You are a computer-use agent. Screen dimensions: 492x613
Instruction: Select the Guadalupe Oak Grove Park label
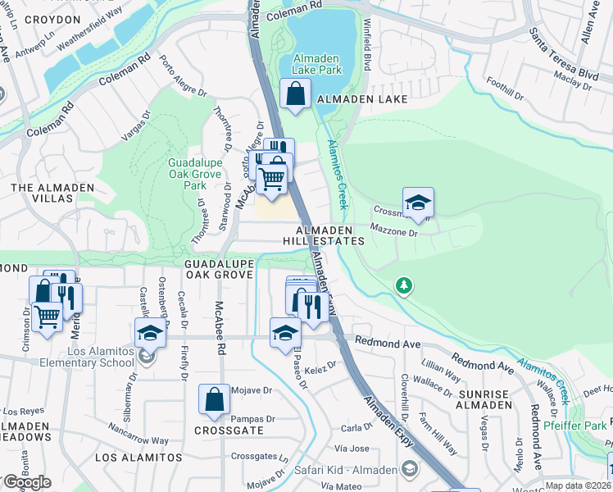(x=194, y=174)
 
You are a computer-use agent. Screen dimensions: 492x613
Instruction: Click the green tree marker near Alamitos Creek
(x=403, y=285)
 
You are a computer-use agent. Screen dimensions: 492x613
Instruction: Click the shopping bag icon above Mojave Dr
(x=214, y=399)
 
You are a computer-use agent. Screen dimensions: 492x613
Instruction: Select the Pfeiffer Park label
(x=575, y=426)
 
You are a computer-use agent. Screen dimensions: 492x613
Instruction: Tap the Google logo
(x=26, y=482)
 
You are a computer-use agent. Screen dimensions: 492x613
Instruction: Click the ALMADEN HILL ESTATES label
(x=324, y=235)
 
